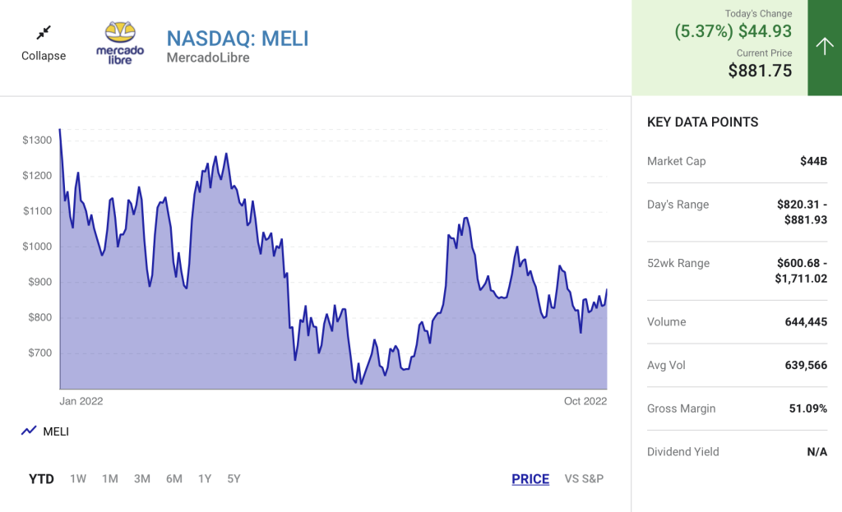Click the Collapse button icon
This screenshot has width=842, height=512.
click(x=44, y=33)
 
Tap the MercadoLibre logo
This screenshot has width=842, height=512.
click(x=120, y=43)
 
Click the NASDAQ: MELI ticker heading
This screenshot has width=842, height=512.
click(x=238, y=38)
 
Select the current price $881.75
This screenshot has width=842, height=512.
click(x=760, y=71)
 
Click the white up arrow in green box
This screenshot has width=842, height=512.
click(x=825, y=47)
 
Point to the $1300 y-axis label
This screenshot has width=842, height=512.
click(x=37, y=141)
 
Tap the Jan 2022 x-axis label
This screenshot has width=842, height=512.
click(x=81, y=401)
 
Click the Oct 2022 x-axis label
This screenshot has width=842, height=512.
click(x=585, y=401)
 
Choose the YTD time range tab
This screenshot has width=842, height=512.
click(x=41, y=479)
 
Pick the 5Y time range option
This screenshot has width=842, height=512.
click(x=234, y=479)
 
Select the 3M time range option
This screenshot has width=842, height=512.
click(x=142, y=479)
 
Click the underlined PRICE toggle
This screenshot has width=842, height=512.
click(x=530, y=479)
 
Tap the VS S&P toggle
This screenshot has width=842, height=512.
click(x=584, y=479)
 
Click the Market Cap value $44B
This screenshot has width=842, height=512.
click(x=813, y=161)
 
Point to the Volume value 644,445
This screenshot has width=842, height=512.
click(x=806, y=322)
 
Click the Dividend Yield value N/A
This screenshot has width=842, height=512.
click(x=817, y=452)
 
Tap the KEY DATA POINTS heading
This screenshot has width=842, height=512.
click(x=702, y=122)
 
